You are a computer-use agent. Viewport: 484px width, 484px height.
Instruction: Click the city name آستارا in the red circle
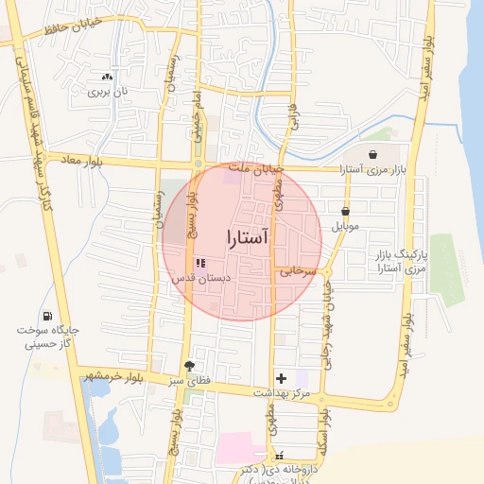tap(249, 237)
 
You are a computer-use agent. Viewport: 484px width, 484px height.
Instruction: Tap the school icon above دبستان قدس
tap(199, 264)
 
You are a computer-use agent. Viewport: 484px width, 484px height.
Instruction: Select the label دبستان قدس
tap(198, 280)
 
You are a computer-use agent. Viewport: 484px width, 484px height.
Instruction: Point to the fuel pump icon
tap(47, 316)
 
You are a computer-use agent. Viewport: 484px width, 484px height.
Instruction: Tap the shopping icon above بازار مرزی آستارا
tap(372, 154)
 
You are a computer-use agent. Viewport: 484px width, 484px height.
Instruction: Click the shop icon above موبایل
tap(345, 212)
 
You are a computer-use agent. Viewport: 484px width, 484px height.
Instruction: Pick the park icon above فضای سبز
tap(190, 365)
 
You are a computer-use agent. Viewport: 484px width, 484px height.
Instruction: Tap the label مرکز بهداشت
tap(282, 391)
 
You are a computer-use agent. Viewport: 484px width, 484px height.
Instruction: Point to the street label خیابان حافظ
tap(68, 31)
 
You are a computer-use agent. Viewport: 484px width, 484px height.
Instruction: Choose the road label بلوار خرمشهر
tap(114, 376)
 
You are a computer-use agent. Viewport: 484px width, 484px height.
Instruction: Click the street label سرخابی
tap(297, 272)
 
